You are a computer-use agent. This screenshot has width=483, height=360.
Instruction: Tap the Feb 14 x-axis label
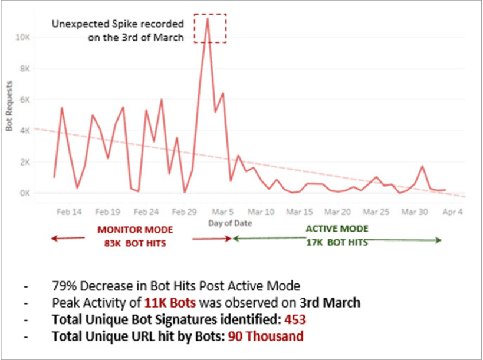(69, 212)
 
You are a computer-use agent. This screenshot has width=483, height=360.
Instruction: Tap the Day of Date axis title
(230, 223)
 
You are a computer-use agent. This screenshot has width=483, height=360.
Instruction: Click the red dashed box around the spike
(210, 28)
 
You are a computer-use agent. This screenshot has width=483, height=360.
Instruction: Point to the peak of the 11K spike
(207, 18)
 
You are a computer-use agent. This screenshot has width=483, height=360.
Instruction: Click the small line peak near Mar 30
(422, 166)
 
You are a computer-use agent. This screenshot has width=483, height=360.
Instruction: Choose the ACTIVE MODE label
(337, 229)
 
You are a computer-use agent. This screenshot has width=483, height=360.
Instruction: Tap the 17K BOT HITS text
(337, 241)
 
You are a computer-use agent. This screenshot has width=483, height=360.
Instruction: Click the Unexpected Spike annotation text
(117, 29)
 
